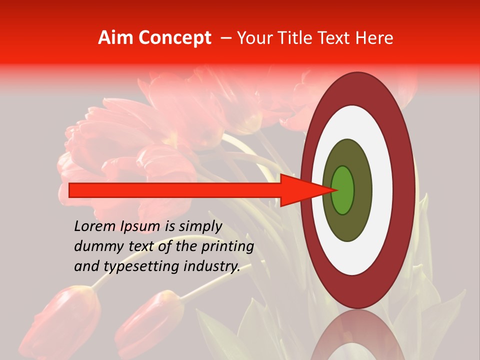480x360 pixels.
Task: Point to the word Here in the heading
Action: pyautogui.click(x=375, y=38)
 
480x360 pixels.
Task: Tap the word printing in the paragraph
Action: pyautogui.click(x=227, y=247)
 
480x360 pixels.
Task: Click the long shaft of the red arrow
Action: pyautogui.click(x=175, y=190)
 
